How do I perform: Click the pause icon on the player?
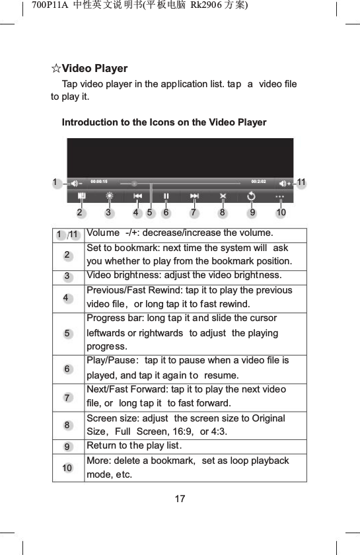166,196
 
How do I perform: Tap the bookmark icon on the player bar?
81,196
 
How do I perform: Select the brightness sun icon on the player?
110,196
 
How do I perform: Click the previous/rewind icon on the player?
137,196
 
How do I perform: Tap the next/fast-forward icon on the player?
194,196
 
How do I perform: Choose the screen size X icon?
223,196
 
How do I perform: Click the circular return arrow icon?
252,196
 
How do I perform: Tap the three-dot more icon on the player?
279,196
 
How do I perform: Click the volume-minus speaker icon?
77,182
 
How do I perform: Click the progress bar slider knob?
134,183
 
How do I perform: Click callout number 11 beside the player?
302,182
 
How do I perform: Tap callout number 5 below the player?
150,213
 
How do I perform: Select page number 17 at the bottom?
180,498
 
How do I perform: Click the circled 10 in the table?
67,468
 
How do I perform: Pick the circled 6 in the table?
67,369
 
